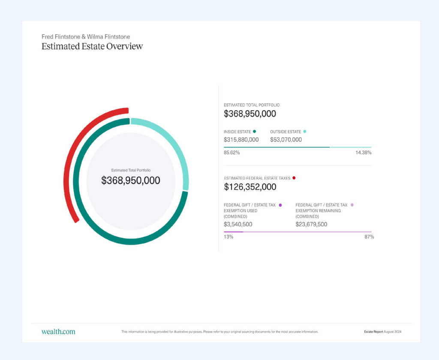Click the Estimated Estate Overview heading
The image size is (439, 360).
pyautogui.click(x=92, y=46)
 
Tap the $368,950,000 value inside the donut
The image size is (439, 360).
pyautogui.click(x=131, y=181)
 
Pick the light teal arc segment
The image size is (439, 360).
pyautogui.click(x=176, y=146)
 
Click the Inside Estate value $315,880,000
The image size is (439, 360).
pyautogui.click(x=241, y=140)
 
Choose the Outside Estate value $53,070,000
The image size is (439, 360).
pyautogui.click(x=286, y=140)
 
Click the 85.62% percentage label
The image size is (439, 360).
pyautogui.click(x=232, y=153)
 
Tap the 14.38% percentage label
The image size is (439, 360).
pyautogui.click(x=363, y=153)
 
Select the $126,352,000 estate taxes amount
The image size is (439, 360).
pyautogui.click(x=250, y=187)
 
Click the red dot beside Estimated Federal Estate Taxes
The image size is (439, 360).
pyautogui.click(x=294, y=177)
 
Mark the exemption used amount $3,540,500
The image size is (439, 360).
pyautogui.click(x=238, y=224)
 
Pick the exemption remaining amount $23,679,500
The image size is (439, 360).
pyautogui.click(x=311, y=224)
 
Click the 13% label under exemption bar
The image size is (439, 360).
pyautogui.click(x=229, y=237)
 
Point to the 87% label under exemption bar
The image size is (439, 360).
pyautogui.click(x=369, y=237)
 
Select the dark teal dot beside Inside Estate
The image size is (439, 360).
pyautogui.click(x=255, y=132)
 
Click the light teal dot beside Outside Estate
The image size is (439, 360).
pyautogui.click(x=305, y=132)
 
